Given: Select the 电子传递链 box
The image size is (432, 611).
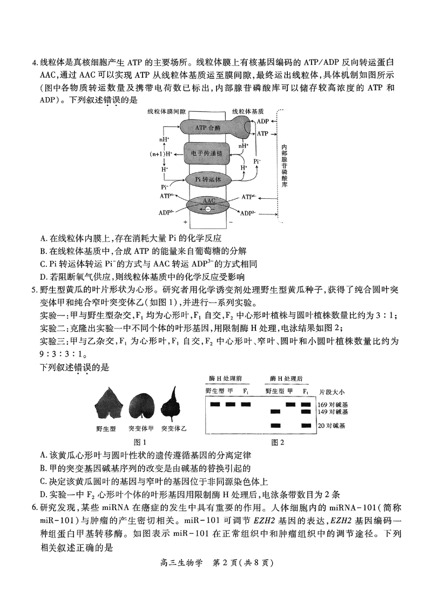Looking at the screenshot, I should tap(207, 153).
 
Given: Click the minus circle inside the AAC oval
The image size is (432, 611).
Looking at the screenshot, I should tap(208, 209).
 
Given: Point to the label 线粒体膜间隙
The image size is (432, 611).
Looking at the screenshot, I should tap(166, 111).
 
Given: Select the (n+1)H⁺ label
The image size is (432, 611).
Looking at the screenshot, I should tap(161, 154).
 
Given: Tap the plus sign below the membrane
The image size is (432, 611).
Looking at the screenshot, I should tap(185, 221).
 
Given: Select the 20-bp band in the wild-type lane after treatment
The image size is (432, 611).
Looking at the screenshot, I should tap(275, 425).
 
